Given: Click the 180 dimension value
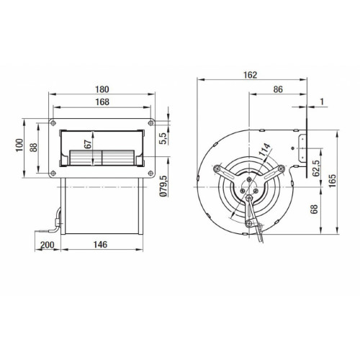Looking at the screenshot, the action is [102, 89].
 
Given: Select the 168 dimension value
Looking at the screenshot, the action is [102, 102].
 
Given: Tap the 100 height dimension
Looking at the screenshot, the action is [19, 145].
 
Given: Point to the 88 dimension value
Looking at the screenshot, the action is [34, 148].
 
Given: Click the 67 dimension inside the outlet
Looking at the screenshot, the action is [88, 144].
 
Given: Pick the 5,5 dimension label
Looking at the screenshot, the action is [163, 138].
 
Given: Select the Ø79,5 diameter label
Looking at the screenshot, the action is [163, 186].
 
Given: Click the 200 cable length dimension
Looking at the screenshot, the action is [48, 245].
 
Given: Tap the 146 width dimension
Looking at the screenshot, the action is [100, 245].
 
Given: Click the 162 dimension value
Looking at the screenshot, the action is [250, 75].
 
